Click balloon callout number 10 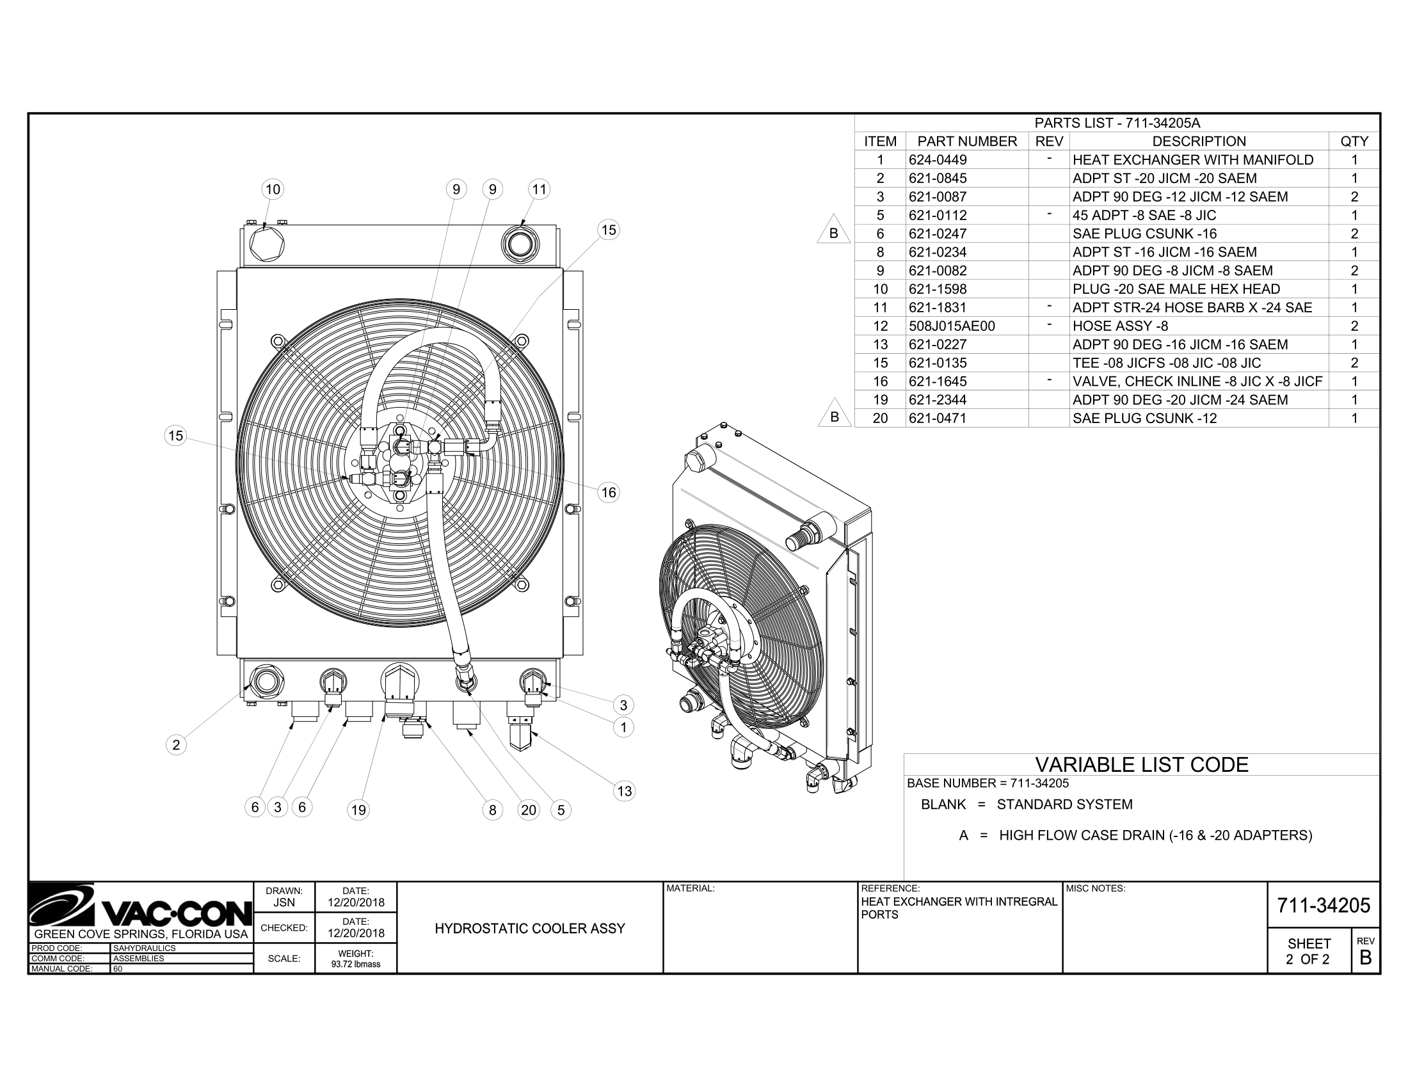[273, 189]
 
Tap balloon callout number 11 [539, 189]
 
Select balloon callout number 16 [609, 493]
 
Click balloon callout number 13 [624, 791]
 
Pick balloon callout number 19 [358, 810]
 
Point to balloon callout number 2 [176, 745]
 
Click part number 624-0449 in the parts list [938, 160]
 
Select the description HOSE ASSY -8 [1120, 326]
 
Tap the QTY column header [1354, 141]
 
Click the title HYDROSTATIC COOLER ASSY [530, 928]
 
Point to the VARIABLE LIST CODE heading [1141, 765]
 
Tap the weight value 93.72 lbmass [355, 964]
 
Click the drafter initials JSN [284, 902]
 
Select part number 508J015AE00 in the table [952, 326]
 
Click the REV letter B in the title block [1365, 958]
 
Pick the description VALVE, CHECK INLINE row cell [1197, 381]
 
